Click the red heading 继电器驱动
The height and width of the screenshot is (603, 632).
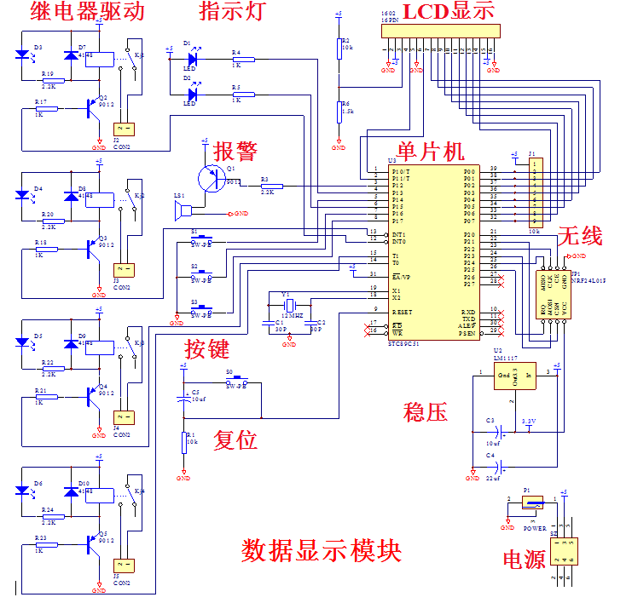point(87,12)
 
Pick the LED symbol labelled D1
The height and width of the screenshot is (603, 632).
point(192,59)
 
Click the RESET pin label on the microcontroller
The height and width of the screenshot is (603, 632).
point(402,312)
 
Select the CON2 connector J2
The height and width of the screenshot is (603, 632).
point(122,129)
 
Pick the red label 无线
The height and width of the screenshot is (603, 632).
point(579,237)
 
